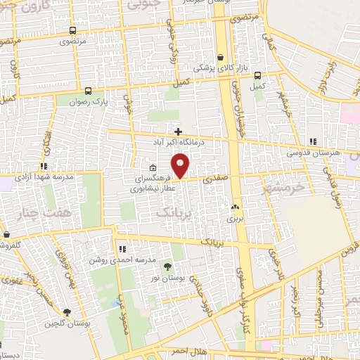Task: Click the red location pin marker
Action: point(181,165)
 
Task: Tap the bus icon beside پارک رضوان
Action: point(88,91)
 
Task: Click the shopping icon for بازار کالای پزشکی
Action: point(220,58)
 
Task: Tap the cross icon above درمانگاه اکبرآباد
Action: point(179,131)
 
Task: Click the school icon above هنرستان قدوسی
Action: point(312,141)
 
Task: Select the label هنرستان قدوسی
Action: point(314,153)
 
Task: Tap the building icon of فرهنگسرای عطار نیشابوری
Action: point(153,167)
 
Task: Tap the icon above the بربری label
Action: point(234,207)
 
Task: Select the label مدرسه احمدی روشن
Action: point(117,259)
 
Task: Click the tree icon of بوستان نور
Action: point(167,266)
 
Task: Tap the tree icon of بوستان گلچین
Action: point(67,313)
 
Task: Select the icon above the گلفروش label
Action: point(5,235)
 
